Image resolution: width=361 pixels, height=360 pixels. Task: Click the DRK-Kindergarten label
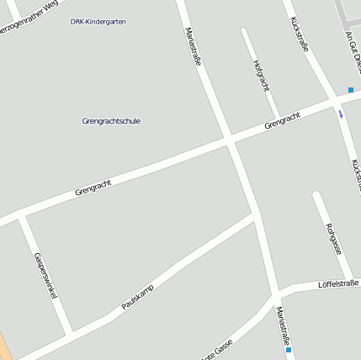[x=98, y=21]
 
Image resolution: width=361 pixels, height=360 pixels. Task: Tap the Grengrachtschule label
[x=112, y=121]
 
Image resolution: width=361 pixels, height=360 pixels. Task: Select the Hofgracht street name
[x=261, y=75]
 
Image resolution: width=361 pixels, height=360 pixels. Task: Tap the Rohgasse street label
[x=332, y=238]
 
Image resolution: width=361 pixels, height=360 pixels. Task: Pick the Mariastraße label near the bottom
[x=284, y=326]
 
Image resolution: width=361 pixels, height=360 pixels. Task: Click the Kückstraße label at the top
[x=298, y=34]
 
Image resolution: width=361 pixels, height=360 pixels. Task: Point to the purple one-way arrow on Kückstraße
[x=340, y=113]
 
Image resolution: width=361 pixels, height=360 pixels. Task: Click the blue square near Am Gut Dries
[x=351, y=89]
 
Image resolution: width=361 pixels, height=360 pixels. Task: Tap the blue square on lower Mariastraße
[x=289, y=350]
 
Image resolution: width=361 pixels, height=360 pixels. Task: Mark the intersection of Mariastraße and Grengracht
[x=231, y=139]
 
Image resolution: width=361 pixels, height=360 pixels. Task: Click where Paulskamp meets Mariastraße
[x=256, y=213]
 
